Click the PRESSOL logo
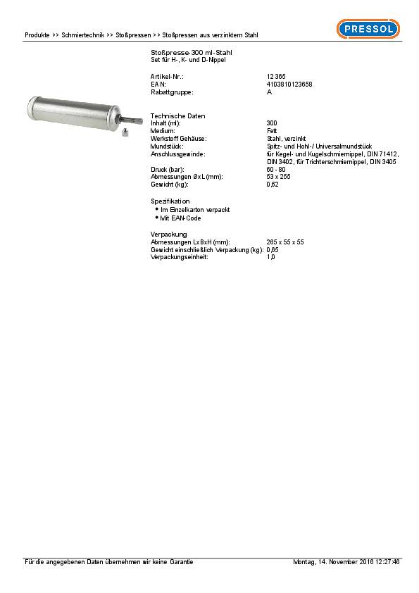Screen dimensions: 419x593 (x=368, y=29)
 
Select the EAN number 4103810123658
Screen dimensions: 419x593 (x=289, y=84)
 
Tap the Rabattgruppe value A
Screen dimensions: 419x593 (x=269, y=92)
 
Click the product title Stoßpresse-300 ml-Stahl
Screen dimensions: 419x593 (x=192, y=54)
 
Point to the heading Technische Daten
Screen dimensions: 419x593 (x=177, y=116)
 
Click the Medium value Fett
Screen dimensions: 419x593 (x=272, y=131)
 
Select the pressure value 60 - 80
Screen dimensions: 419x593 (x=275, y=170)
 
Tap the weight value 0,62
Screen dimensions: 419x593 (x=273, y=185)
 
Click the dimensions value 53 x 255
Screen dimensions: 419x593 (x=278, y=177)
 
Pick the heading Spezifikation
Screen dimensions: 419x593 (x=170, y=201)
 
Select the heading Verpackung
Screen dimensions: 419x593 (x=168, y=234)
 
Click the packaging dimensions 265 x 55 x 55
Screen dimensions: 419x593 (x=285, y=242)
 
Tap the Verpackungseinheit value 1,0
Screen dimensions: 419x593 (x=270, y=257)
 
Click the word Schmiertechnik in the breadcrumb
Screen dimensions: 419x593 (x=83, y=35)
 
